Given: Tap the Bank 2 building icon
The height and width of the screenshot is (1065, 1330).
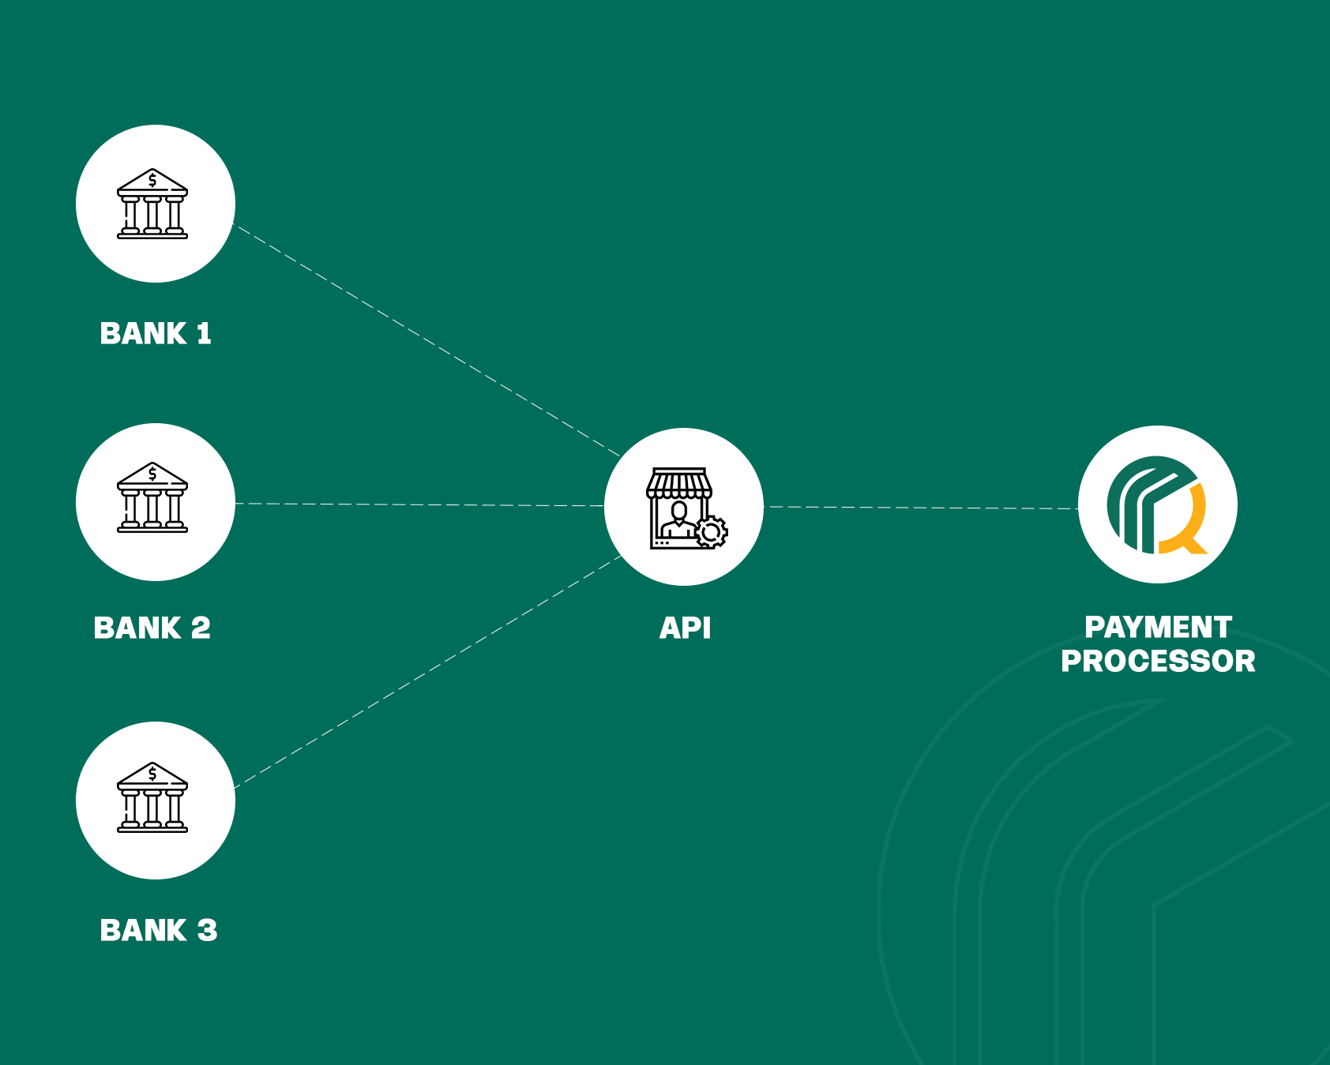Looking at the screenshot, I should [152, 498].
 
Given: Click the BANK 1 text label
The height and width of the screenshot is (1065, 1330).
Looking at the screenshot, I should [156, 334].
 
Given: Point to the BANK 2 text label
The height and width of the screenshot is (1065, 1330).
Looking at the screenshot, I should [152, 628].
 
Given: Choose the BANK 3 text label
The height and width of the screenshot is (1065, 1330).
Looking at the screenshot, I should [158, 931].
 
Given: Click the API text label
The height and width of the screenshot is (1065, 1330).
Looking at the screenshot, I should [685, 628].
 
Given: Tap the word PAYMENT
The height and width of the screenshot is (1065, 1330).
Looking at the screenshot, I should [1158, 628].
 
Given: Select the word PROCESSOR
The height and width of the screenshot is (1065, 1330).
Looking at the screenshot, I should [1158, 662].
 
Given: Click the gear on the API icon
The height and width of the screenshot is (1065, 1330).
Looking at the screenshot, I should [712, 532].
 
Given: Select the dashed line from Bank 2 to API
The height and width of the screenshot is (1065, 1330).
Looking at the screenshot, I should [419, 504].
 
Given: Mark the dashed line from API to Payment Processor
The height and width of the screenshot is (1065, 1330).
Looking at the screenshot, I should [920, 508].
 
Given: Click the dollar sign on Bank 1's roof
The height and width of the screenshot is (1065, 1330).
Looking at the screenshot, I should [152, 181].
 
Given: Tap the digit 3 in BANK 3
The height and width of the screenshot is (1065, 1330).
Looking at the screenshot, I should [207, 931].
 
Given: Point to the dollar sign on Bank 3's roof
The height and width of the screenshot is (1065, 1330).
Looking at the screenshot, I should [152, 774].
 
